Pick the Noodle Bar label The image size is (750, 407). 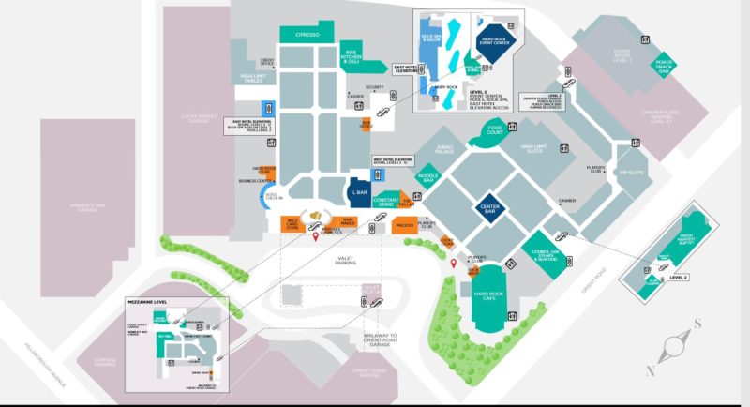[427, 178]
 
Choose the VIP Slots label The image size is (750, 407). [631, 172]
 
